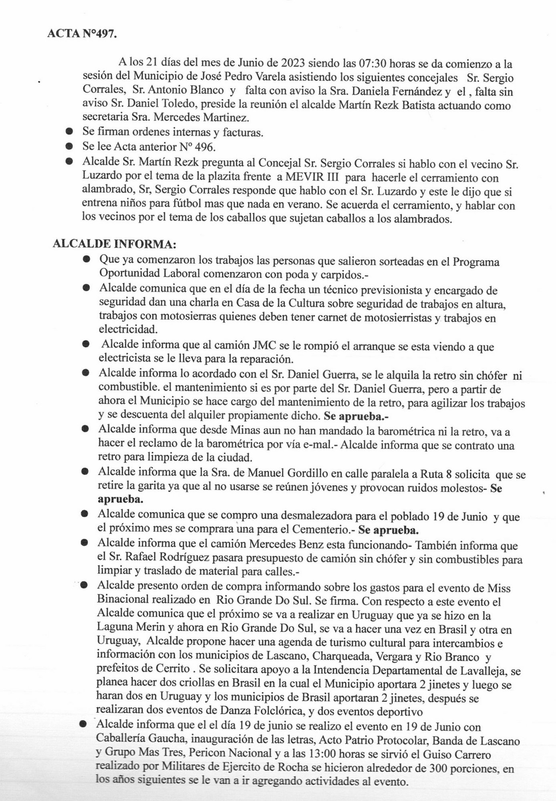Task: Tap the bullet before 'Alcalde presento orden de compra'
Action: coord(84,585)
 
